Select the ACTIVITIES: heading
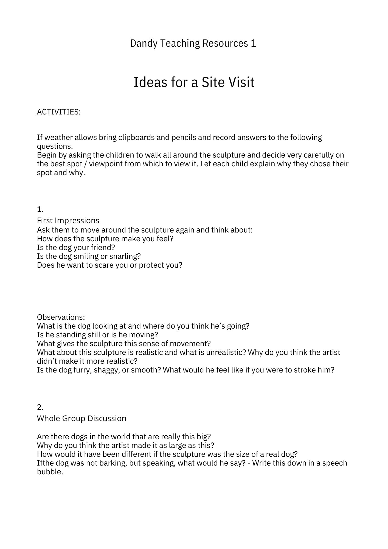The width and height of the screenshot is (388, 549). click(x=59, y=112)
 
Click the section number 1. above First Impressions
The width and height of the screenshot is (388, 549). click(x=40, y=209)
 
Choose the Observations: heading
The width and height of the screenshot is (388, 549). click(x=61, y=317)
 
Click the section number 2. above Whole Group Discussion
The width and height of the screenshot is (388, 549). click(x=40, y=407)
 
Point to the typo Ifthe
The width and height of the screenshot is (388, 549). click(x=45, y=463)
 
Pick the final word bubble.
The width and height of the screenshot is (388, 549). click(x=50, y=472)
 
